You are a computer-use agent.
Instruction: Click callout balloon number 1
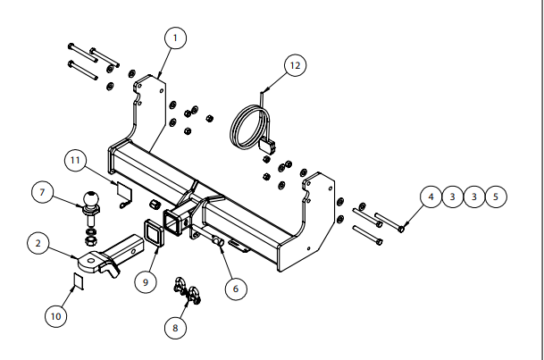click(175, 38)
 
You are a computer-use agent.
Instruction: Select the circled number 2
click(39, 242)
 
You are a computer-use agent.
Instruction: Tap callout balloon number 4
click(431, 195)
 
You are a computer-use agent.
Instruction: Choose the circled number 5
click(496, 195)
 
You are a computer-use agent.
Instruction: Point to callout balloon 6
click(235, 288)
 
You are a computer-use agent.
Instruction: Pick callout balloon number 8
click(175, 328)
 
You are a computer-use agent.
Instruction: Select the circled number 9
click(141, 281)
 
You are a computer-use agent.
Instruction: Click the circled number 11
click(77, 161)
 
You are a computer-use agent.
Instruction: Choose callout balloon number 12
click(296, 64)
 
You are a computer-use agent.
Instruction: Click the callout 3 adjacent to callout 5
click(474, 195)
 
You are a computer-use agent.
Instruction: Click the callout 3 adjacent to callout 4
click(453, 195)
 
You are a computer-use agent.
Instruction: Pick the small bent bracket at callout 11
click(124, 190)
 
